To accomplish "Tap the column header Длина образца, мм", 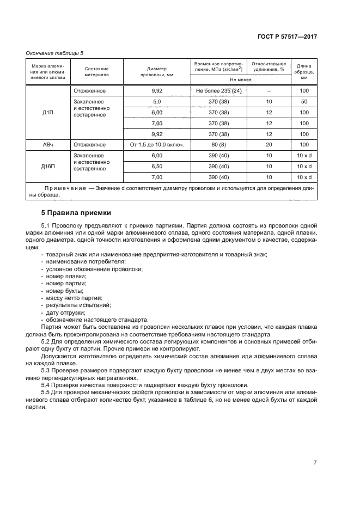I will click(x=304, y=71).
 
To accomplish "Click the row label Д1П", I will click(x=48, y=112).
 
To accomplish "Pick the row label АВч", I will click(x=48, y=144).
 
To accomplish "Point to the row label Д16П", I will click(x=48, y=166).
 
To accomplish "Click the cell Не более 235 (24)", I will click(x=218, y=91).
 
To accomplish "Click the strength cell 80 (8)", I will click(x=218, y=144).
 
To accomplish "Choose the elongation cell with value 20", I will click(x=269, y=144).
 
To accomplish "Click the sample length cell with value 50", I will click(x=304, y=102).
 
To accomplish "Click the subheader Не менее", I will click(x=240, y=79).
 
